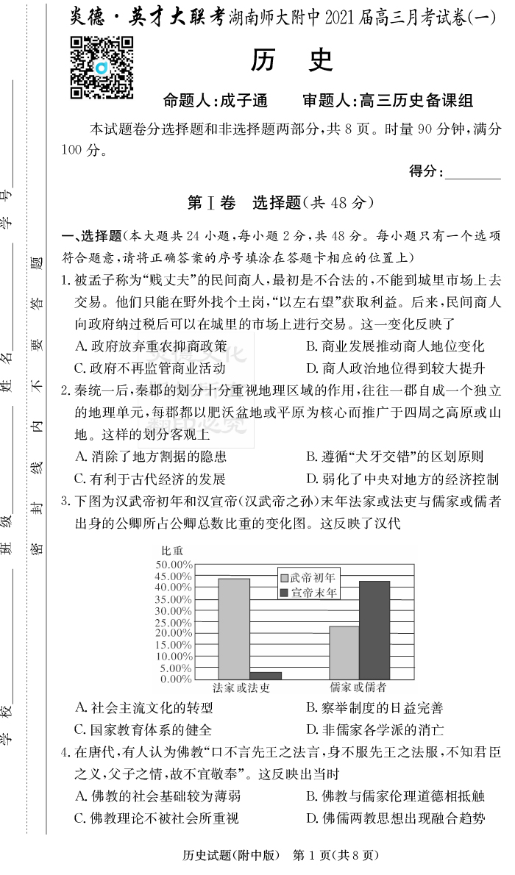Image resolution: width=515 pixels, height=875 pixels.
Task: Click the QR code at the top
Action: (102, 68)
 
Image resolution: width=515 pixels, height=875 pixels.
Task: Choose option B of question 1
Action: (395, 346)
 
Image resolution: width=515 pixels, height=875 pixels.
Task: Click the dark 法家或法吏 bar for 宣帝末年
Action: (266, 675)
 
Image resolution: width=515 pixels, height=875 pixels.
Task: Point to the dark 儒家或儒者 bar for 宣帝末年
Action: (374, 629)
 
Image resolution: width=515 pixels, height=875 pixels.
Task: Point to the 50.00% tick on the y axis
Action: (174, 564)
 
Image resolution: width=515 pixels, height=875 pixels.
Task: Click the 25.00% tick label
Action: (174, 621)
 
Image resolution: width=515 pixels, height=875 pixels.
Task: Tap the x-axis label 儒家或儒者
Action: (358, 687)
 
